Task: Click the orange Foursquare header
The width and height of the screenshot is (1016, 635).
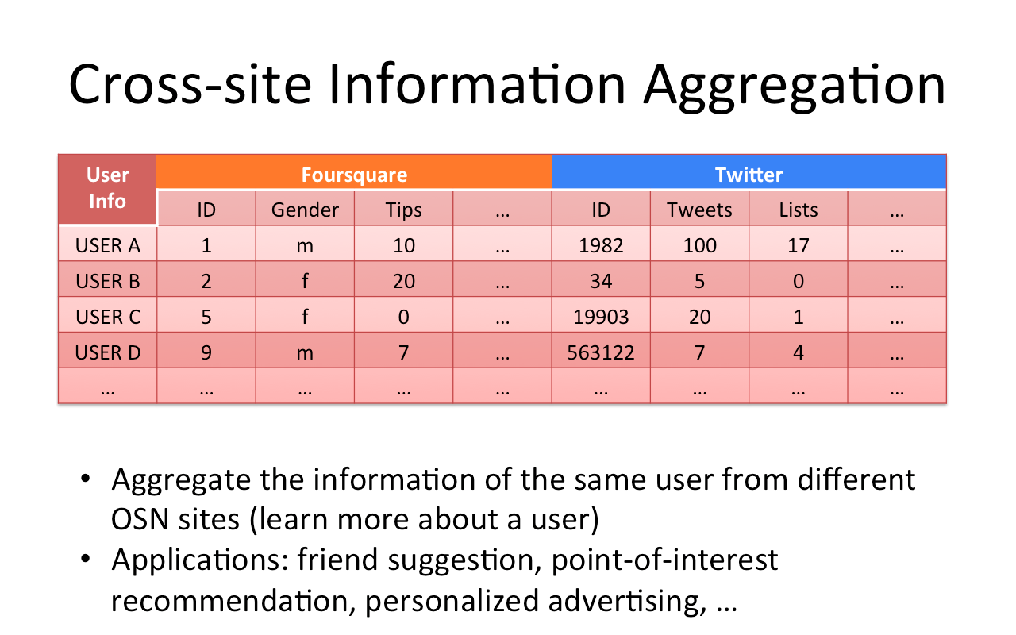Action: (354, 171)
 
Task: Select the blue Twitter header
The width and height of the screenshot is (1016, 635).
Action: (749, 171)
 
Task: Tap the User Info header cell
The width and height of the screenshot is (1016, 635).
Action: (107, 189)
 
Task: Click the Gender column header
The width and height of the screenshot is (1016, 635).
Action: (305, 209)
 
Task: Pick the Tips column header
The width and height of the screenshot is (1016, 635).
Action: (404, 209)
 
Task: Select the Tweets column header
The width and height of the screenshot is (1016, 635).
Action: (699, 209)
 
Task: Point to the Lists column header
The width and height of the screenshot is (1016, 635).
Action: (799, 209)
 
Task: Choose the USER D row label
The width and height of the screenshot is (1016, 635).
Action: (107, 351)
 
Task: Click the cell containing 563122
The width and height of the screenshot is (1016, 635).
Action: (601, 351)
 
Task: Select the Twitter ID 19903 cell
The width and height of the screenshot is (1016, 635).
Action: (601, 315)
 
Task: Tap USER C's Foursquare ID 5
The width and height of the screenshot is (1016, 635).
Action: (206, 315)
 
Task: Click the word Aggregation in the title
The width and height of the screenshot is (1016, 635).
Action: (795, 87)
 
